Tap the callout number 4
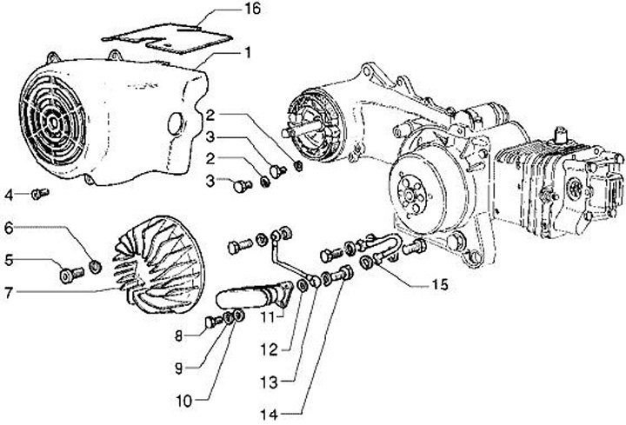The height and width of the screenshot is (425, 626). pyautogui.click(x=9, y=192)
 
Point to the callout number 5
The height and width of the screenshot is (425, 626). pyautogui.click(x=9, y=259)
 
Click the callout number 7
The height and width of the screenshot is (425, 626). pyautogui.click(x=9, y=293)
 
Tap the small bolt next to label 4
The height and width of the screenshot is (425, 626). pyautogui.click(x=37, y=193)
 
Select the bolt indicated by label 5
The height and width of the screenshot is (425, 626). pyautogui.click(x=70, y=276)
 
